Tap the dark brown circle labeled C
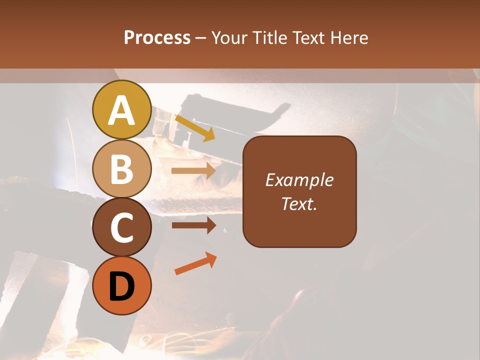[121, 227]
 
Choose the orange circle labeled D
[121, 286]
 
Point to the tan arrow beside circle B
[193, 170]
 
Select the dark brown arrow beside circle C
[193, 225]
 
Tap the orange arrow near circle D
[195, 263]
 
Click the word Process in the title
[157, 38]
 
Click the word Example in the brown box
[299, 180]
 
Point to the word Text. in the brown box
[299, 204]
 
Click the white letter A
[121, 110]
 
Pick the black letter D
[121, 287]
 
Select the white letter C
[121, 228]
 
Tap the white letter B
[121, 169]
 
